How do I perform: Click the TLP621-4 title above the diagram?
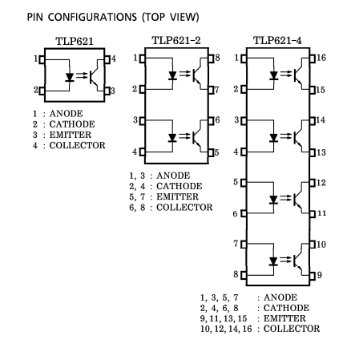pos(277,41)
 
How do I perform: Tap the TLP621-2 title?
pos(176,41)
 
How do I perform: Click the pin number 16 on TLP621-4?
pos(321,58)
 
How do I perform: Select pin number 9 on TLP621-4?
pos(319,275)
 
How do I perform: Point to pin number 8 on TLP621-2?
pos(217,58)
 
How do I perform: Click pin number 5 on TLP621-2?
pos(216,152)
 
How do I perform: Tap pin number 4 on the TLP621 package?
pos(114,59)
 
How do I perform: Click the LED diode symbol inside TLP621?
pos(70,77)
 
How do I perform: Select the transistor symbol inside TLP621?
pos(95,76)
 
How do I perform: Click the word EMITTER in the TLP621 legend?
pos(71,135)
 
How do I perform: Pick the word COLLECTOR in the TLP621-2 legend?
pos(184,207)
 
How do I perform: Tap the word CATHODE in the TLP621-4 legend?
pos(286,308)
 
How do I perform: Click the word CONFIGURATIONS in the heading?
pos(92,17)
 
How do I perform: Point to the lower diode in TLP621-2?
pos(172,138)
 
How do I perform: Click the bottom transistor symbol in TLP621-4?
pos(298,259)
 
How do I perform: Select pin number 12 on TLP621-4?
pos(321,183)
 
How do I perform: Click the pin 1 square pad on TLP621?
pos(42,59)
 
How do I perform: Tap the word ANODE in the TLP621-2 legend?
pos(173,176)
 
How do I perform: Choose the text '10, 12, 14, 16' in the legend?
pos(226,329)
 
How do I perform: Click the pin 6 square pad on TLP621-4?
pos(244,213)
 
